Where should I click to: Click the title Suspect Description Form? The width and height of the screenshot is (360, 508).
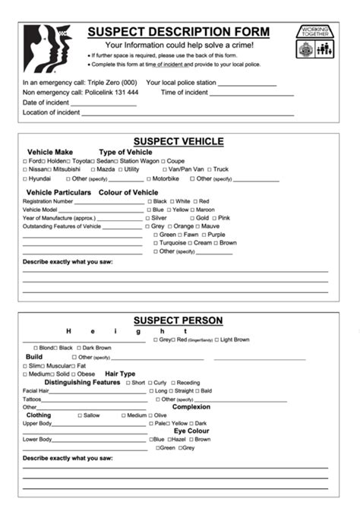pyautogui.click(x=178, y=32)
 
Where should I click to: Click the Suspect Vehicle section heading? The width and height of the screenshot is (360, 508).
pyautogui.click(x=178, y=141)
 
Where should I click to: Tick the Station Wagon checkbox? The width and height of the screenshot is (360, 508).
pyautogui.click(x=116, y=161)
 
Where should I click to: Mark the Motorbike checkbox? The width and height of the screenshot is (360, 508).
pyautogui.click(x=149, y=179)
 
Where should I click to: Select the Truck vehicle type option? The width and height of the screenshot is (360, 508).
pyautogui.click(x=210, y=170)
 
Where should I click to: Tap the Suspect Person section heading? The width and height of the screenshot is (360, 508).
pyautogui.click(x=178, y=320)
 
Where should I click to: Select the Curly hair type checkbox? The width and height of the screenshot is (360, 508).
pyautogui.click(x=150, y=383)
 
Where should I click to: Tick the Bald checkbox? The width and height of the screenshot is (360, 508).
pyautogui.click(x=197, y=391)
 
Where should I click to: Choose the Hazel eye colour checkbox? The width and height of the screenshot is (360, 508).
pyautogui.click(x=169, y=440)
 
